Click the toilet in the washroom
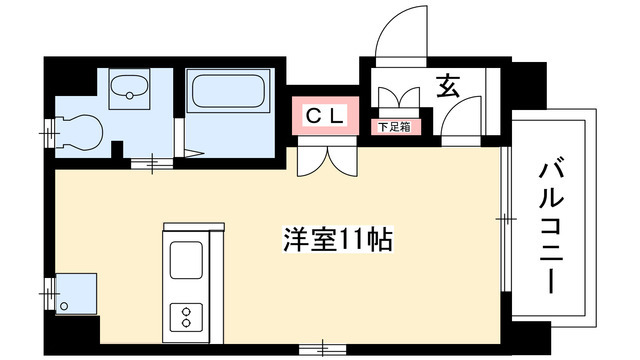point(81,129)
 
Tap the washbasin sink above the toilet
point(127,89)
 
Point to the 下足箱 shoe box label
point(391,127)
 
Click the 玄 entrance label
point(447,88)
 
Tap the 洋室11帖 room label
point(335,240)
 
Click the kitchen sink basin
point(186,262)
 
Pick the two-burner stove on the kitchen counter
point(186,316)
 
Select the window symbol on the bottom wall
point(325,346)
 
